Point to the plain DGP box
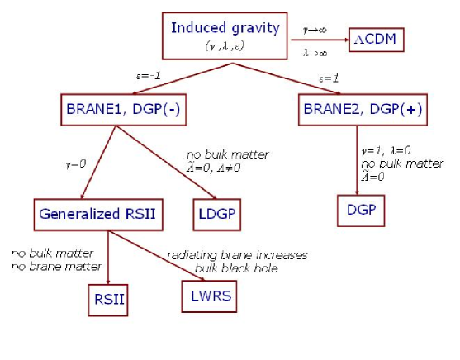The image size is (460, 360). point(361,210)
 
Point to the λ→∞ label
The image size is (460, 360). point(315,51)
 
